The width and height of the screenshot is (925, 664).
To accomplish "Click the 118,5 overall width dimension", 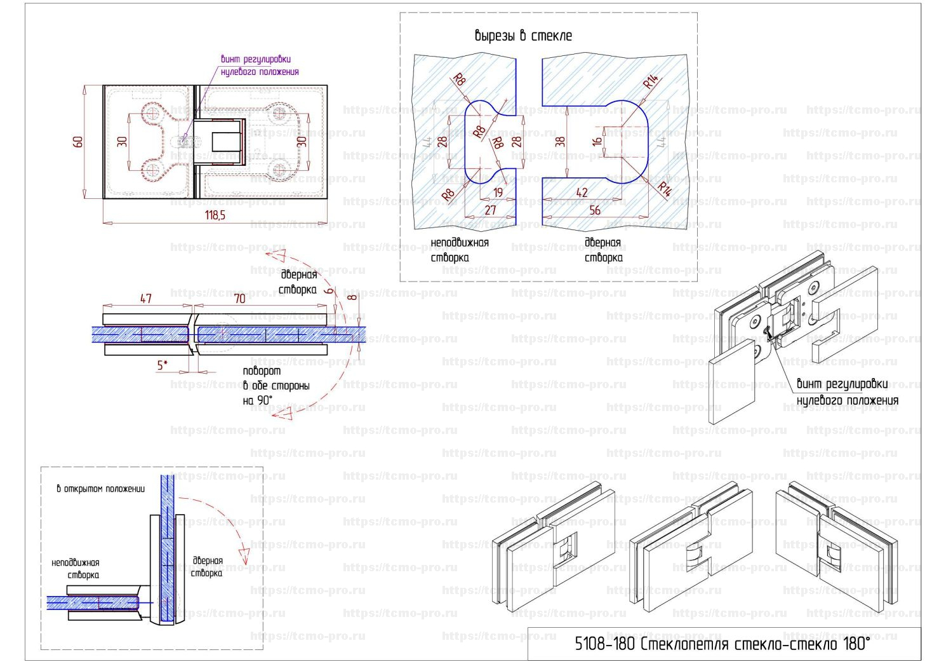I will coord(215,215).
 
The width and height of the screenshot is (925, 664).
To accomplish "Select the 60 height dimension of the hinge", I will coord(78,141).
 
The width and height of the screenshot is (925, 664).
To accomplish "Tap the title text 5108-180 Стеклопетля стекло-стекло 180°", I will coord(722,644).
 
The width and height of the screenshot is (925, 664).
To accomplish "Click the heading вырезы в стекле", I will coord(523,36).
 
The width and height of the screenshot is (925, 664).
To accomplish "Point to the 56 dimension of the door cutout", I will coord(595,210).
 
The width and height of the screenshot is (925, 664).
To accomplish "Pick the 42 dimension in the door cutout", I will coord(582,193).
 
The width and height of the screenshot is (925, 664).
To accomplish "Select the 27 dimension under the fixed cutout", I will coord(490,210).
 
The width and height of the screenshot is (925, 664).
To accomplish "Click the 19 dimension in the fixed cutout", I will coord(498,193).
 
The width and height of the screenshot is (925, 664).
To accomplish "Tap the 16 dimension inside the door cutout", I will coord(597,141).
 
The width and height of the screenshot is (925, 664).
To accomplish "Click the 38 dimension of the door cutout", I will coord(559,141).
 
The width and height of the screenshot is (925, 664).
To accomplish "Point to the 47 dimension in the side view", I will coord(145,298).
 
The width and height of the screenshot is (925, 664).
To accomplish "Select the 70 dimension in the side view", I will coord(239,298).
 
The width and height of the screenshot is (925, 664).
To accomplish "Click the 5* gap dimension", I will coord(163,365).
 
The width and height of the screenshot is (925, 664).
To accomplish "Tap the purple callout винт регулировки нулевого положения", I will coord(259,65).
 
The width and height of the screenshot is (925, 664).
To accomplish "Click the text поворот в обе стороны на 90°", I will coord(276,386).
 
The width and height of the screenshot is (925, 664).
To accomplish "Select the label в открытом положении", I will coord(100,489).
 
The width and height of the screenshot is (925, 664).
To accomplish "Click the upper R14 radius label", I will coord(651,82).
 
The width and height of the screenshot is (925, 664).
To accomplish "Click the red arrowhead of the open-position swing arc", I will coord(242,550).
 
